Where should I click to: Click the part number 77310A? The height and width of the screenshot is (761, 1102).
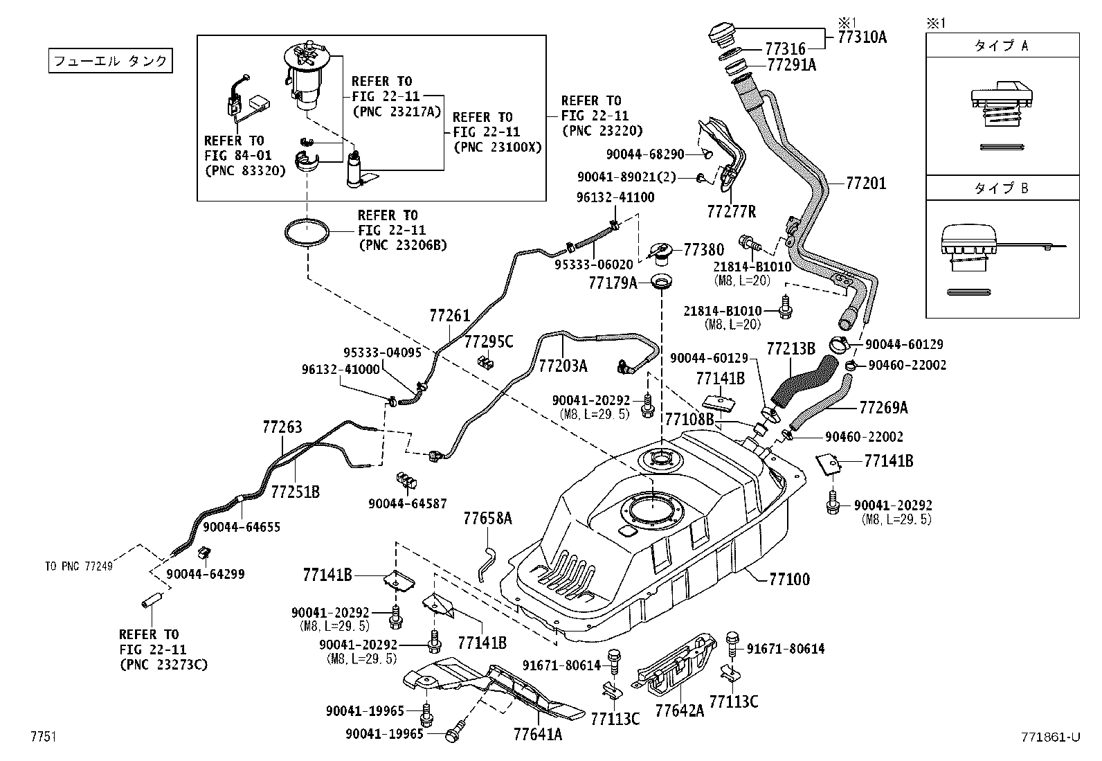862,37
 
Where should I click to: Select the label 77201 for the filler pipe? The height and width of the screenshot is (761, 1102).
866,183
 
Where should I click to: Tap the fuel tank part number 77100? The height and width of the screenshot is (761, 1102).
789,579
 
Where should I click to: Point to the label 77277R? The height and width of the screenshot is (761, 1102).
731,212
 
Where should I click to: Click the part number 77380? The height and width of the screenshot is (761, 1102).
703,250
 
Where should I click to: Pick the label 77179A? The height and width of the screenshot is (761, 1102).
613,283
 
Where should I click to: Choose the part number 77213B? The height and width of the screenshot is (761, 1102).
791,349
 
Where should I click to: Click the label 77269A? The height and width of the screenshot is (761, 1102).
883,408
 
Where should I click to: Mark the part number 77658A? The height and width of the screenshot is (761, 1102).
487,519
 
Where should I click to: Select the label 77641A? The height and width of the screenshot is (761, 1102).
538,735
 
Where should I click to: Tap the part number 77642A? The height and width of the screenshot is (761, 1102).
679,710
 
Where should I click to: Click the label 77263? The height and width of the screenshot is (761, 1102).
282,427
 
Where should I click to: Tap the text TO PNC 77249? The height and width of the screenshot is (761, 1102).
79,566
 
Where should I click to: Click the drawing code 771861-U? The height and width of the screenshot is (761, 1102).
1050,737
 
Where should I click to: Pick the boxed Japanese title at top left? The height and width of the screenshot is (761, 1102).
110,60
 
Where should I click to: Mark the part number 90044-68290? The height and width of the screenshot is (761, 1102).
645,154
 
